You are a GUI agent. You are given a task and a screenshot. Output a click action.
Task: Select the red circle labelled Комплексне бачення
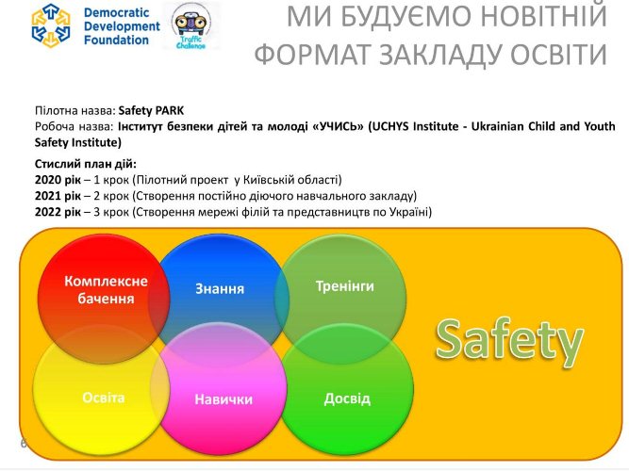tap(106, 290)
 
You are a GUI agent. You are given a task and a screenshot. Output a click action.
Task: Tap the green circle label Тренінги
tap(344, 284)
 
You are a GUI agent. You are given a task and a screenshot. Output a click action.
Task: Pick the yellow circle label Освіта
tap(103, 398)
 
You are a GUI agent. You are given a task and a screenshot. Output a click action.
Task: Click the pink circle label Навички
tap(223, 399)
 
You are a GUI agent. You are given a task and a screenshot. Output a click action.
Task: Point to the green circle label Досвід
tap(347, 398)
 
